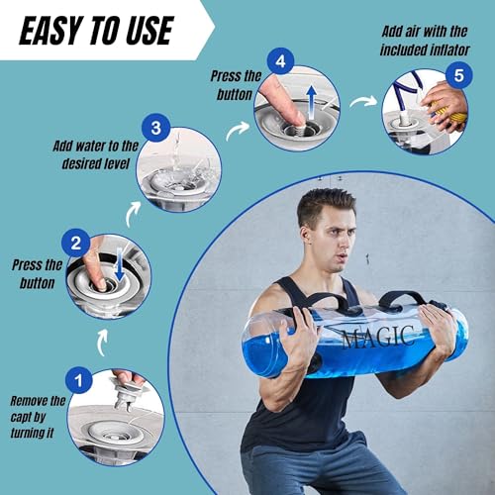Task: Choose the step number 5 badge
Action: pyautogui.click(x=457, y=73)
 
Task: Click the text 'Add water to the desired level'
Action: pyautogui.click(x=95, y=154)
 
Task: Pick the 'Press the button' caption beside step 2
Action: pyautogui.click(x=38, y=273)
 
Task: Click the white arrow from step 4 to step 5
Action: pyautogui.click(x=365, y=100)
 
